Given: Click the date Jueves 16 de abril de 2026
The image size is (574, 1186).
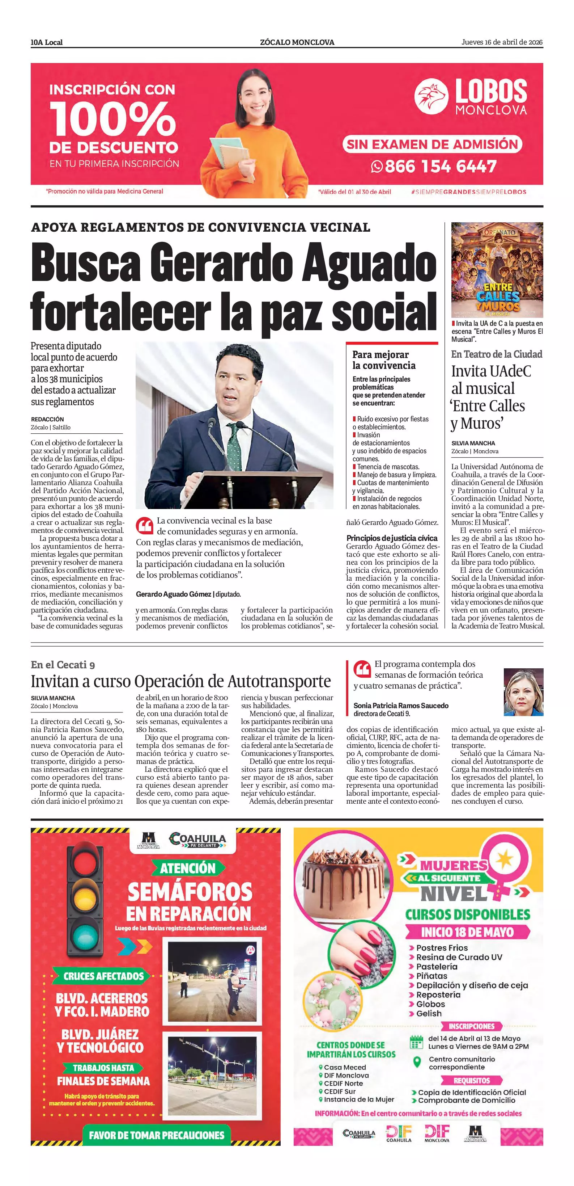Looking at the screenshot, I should click(x=502, y=42).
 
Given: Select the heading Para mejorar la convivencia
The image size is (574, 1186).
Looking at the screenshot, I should click(x=384, y=360).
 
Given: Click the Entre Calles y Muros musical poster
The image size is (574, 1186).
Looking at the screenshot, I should click(x=497, y=269).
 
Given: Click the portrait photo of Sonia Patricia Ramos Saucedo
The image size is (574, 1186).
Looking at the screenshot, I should click(x=523, y=692).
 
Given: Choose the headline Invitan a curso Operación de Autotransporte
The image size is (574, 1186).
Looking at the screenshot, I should click(x=181, y=681).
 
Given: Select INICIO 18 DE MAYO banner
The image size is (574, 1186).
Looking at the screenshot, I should click(x=467, y=932).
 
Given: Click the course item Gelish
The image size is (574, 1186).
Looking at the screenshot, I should click(x=429, y=1013).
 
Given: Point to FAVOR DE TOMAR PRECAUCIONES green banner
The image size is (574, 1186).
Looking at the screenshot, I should click(x=156, y=1135).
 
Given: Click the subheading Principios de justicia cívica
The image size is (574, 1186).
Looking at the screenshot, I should click(x=392, y=538).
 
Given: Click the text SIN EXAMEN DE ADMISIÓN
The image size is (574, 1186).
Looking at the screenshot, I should click(x=432, y=144).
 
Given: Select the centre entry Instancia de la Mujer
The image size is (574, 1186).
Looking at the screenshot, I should click(x=359, y=1099).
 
